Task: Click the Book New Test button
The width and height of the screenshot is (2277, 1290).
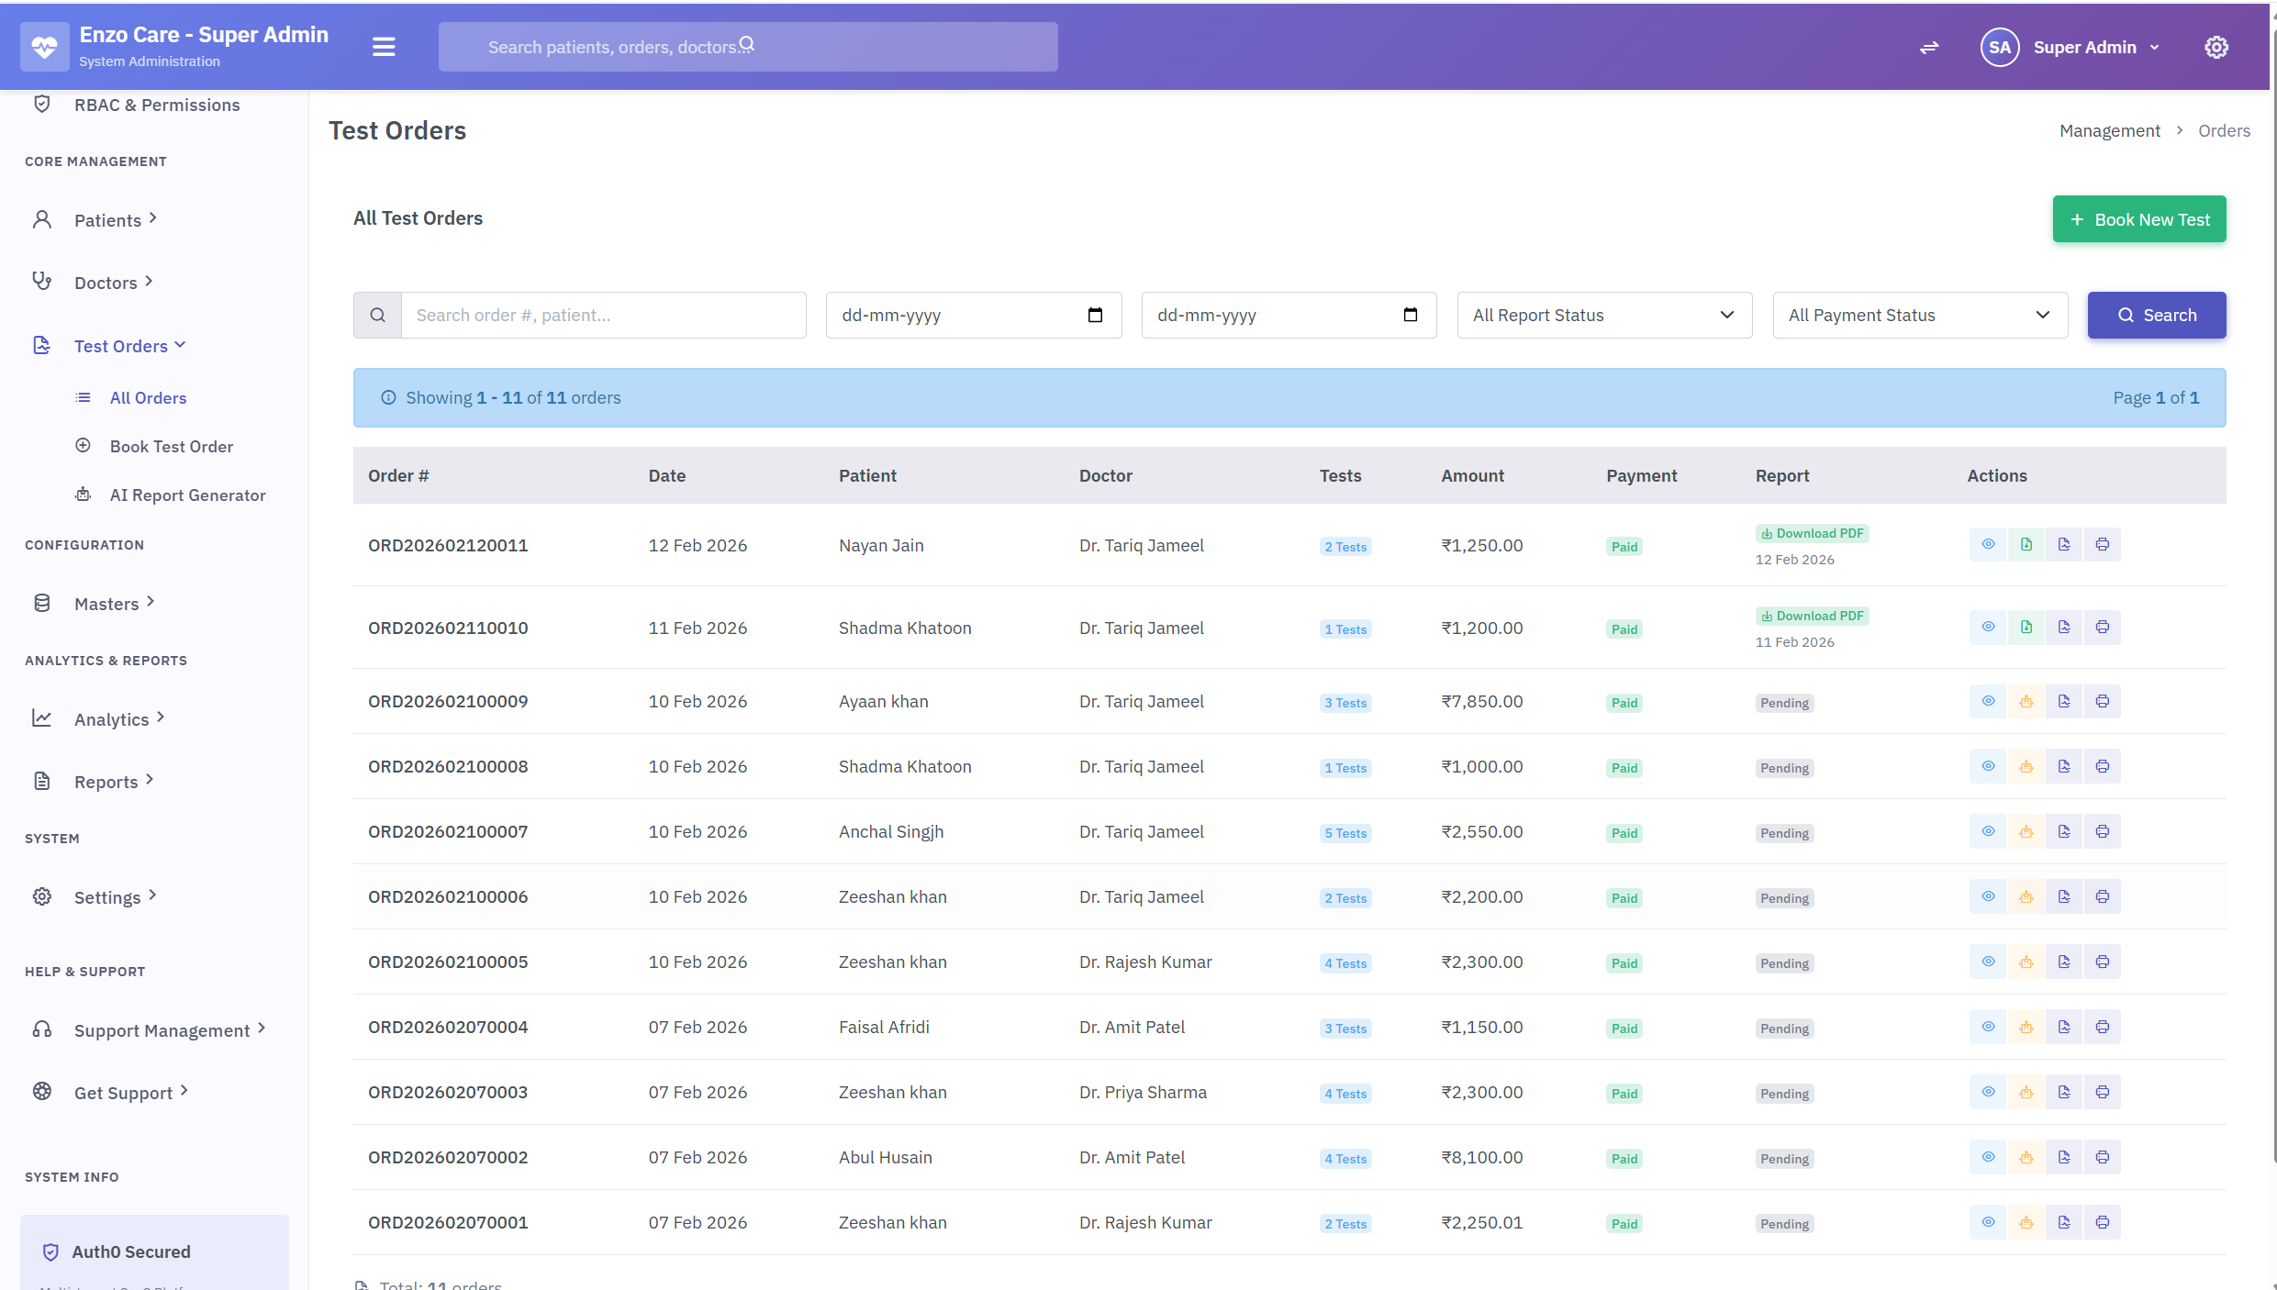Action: [x=2138, y=219]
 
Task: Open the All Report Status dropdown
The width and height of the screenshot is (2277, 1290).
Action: [x=1603, y=316]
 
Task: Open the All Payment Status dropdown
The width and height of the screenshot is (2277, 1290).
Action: [x=1919, y=316]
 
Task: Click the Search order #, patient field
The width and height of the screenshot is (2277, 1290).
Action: [x=603, y=316]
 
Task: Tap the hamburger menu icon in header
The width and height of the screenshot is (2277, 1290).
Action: [x=384, y=47]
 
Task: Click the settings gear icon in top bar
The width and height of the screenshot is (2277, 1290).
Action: [x=2216, y=48]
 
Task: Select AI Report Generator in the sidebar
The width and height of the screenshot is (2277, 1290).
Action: [x=187, y=495]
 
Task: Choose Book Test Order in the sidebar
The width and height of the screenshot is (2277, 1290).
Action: [x=171, y=447]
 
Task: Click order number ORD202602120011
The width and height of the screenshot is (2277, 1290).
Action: [x=448, y=546]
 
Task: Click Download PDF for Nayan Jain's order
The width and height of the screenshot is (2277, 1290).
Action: [x=1813, y=534]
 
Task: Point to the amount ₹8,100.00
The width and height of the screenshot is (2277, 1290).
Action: [x=1481, y=1158]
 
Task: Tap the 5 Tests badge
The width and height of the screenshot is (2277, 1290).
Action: [x=1345, y=833]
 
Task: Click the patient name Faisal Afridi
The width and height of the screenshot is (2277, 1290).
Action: [x=884, y=1028]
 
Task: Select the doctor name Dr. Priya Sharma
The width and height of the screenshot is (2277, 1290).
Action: [x=1143, y=1093]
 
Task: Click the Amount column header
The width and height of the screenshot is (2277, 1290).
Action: [x=1472, y=476]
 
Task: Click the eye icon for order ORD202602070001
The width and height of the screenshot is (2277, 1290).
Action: [x=1988, y=1222]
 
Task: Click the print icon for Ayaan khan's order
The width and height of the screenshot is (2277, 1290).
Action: [x=2102, y=702]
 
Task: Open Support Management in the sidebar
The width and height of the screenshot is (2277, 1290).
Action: [x=162, y=1030]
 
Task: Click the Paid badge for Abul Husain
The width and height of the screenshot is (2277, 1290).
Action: [x=1624, y=1159]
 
